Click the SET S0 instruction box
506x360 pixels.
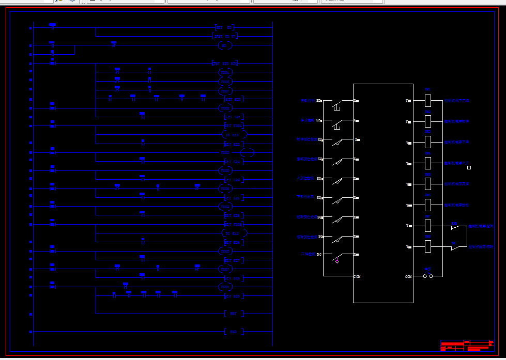pos(224,27)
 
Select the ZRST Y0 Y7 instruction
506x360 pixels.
pos(224,36)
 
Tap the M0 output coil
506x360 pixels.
pos(224,45)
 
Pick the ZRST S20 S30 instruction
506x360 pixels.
pos(224,64)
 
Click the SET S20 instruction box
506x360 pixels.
pos(234,99)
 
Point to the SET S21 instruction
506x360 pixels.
pos(234,117)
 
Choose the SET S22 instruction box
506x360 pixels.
pos(234,144)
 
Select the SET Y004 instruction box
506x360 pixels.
pos(234,126)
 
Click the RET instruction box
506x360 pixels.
pos(234,314)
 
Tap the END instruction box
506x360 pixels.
pos(234,332)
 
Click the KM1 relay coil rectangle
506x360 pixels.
pos(428,100)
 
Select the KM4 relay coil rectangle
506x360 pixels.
pos(428,163)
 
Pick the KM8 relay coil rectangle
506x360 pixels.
pos(428,246)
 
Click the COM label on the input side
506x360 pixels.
pos(357,276)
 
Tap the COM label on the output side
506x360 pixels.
pos(408,276)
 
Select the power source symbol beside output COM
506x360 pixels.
pos(428,275)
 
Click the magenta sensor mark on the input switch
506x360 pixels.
pos(337,261)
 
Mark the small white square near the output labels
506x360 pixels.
pos(469,167)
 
